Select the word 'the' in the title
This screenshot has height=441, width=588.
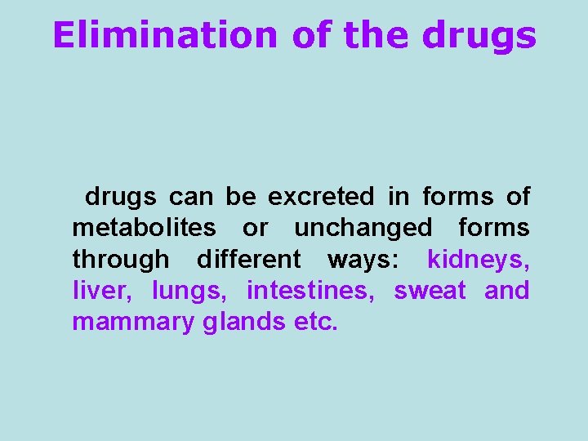point(378,35)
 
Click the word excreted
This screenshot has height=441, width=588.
point(321,197)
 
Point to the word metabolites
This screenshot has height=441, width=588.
point(144,228)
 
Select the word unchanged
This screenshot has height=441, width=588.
point(363,228)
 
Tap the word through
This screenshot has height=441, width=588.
point(121,260)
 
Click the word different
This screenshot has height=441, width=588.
point(248,260)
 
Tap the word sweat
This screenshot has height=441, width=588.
point(430,291)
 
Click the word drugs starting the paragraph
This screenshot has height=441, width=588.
point(120,197)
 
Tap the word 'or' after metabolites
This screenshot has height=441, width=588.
point(255,228)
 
